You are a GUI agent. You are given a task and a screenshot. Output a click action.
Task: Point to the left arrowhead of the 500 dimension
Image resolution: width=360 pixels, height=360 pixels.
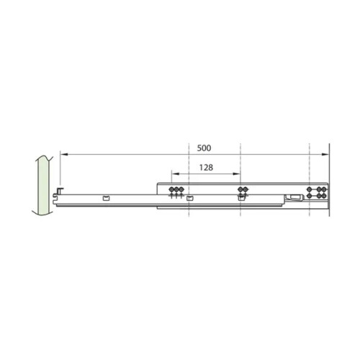(x=63, y=153)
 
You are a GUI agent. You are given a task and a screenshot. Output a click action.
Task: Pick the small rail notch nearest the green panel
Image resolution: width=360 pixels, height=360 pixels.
(x=106, y=197)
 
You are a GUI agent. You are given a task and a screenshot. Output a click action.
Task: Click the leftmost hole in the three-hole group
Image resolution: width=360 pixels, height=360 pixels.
(x=170, y=191)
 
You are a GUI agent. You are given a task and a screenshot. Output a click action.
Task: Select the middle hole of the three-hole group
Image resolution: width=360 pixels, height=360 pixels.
(x=174, y=191)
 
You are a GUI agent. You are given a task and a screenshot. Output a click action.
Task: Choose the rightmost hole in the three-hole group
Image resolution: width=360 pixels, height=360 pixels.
(x=179, y=191)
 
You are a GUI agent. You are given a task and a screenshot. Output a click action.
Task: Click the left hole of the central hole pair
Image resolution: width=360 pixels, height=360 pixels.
(x=240, y=190)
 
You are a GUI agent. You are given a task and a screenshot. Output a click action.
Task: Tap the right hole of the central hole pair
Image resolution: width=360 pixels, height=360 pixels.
(x=245, y=190)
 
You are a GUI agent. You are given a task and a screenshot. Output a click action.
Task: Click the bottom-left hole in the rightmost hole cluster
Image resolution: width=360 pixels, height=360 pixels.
(x=310, y=196)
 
